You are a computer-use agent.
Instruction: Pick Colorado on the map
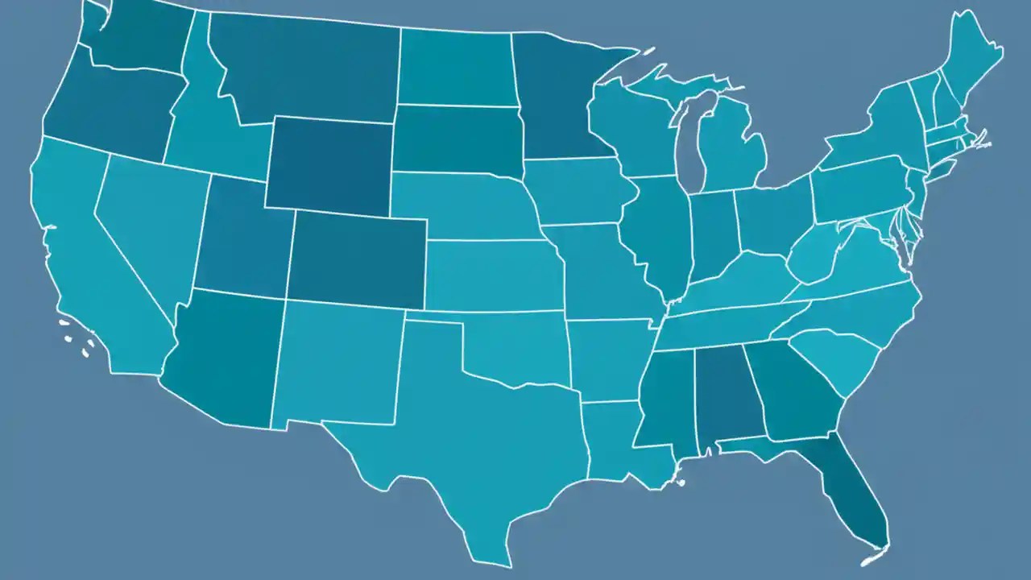[358, 258]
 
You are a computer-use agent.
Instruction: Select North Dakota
[455, 68]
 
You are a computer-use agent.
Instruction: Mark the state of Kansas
[491, 274]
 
